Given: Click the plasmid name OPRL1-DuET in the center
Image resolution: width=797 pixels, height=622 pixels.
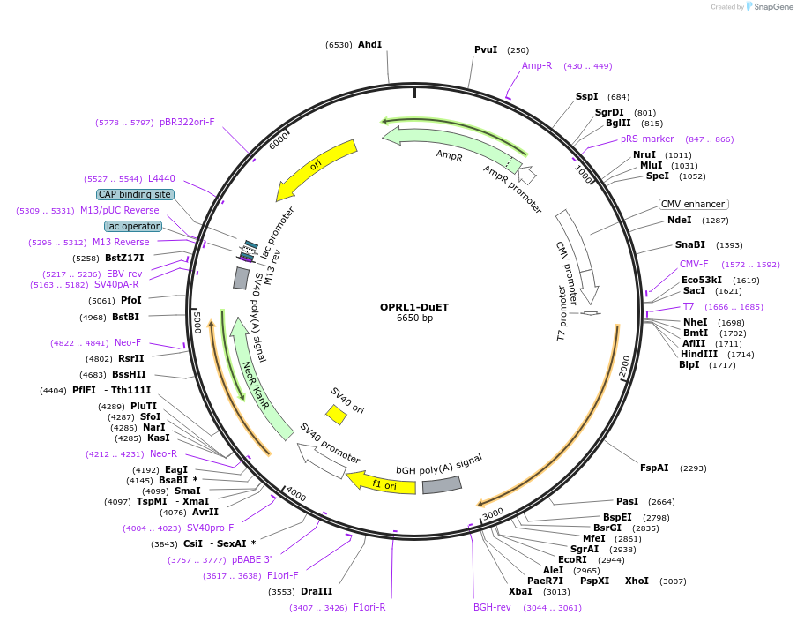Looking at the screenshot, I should pos(413,307).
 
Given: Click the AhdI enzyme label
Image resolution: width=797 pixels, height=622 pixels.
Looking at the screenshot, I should pos(369,44).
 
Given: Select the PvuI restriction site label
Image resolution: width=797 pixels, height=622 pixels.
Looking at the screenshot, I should pos(486,50).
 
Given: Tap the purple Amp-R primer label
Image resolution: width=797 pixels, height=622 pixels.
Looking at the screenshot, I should pos(537,65).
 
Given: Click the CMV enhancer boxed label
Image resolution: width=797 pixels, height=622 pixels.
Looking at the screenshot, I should pos(693,204).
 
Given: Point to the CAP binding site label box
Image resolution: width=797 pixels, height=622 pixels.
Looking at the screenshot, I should pos(135,194).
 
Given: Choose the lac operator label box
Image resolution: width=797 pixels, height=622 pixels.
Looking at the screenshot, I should pos(132,226).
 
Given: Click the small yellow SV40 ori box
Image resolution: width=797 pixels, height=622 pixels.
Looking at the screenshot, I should pos(336,414).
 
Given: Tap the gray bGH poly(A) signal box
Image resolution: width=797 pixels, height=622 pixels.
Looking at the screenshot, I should pos(442,484).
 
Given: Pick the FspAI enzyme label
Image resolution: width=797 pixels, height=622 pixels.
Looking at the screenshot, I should pos(654,468).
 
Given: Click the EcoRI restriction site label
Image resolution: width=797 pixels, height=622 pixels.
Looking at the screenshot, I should pos(572,559).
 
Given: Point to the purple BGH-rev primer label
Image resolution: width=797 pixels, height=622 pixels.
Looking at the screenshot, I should pos(492,607).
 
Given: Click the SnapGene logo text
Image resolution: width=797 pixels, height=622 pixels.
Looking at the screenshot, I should pos(774,7).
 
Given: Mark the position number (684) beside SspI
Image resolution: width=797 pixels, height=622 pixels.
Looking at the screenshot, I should pos(619,97).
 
